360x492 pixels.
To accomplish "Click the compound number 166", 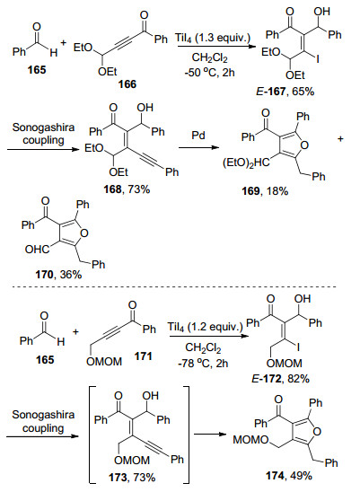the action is coord(127,84).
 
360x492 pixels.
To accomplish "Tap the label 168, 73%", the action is coord(127,189).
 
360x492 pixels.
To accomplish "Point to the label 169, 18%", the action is coord(266,190).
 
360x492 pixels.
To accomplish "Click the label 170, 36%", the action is coord(58,275).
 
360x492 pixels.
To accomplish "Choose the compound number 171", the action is coord(143,356).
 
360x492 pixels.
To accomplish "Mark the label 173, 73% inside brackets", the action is coord(131,478).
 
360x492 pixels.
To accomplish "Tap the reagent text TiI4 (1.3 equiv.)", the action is coord(214,38).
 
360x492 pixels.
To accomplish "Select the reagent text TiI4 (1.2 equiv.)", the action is coord(206,327).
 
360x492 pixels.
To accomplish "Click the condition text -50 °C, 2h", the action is coord(210,73).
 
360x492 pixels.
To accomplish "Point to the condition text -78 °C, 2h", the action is coord(203,363).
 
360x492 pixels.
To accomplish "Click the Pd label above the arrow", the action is coord(198,136).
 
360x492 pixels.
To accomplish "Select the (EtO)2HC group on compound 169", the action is coord(246,163).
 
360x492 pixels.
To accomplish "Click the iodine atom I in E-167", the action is coord(318,58).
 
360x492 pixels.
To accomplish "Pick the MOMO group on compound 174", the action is coord(250,440).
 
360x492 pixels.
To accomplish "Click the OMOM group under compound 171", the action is coord(104,362).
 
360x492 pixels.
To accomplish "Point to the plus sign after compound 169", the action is coord(341,138).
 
